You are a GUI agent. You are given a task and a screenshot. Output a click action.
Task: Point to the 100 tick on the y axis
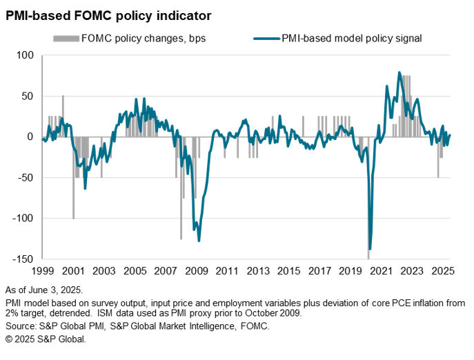pos(24,55)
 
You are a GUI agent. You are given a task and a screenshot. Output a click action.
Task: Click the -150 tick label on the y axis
pos(21,259)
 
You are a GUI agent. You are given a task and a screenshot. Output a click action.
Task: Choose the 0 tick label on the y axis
pos(30,137)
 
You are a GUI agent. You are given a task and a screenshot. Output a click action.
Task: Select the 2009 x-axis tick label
pos(198,272)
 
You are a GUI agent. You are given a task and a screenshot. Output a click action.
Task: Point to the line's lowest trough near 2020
pos(370,249)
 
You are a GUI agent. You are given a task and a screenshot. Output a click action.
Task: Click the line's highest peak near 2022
pos(399,72)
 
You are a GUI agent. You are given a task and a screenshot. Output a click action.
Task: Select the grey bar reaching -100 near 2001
pos(74,218)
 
